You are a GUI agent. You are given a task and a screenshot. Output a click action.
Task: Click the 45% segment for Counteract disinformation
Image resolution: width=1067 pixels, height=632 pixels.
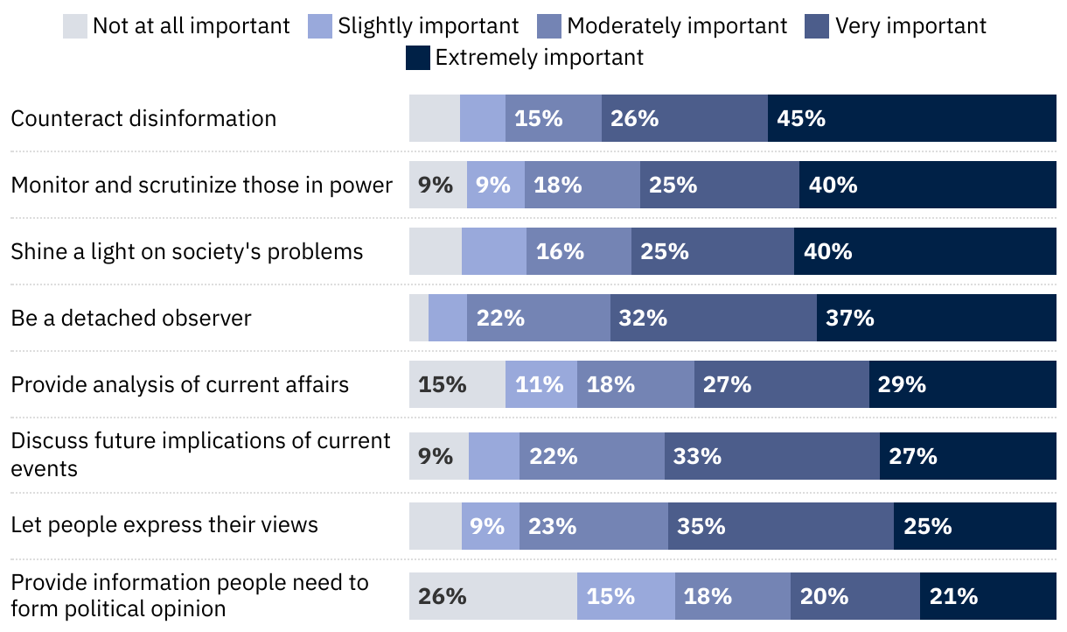click(911, 118)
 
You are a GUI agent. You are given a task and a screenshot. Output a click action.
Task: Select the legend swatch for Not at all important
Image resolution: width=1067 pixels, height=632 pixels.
click(75, 26)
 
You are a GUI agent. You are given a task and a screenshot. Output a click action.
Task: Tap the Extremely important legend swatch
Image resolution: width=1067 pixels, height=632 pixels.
click(418, 58)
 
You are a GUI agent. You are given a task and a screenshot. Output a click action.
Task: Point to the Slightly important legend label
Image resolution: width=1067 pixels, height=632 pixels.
click(429, 26)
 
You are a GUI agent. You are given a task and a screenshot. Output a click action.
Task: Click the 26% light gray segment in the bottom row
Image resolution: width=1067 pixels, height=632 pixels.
click(493, 596)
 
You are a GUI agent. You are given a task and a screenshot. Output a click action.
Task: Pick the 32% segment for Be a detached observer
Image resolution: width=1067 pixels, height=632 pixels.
click(713, 318)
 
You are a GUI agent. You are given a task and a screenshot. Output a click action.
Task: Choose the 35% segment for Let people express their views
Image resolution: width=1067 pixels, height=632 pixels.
click(781, 526)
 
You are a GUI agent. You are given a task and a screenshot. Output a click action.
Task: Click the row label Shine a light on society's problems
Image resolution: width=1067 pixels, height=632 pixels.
click(187, 252)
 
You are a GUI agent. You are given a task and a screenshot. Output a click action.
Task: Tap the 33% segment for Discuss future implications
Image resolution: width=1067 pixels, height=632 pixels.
click(771, 456)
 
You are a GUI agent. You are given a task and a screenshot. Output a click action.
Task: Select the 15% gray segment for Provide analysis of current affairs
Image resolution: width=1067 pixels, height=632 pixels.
click(457, 384)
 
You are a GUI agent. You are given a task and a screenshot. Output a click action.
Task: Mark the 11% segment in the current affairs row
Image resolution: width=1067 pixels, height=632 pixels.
click(541, 384)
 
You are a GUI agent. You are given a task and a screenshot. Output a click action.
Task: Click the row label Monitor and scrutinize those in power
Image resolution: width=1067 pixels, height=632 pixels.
click(202, 185)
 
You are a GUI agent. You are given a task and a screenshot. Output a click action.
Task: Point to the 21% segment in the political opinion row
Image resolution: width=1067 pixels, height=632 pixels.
click(987, 596)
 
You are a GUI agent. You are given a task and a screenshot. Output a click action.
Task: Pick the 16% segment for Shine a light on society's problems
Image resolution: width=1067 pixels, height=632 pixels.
click(579, 251)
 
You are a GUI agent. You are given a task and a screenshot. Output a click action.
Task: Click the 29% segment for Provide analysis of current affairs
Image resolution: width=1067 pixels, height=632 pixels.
click(962, 384)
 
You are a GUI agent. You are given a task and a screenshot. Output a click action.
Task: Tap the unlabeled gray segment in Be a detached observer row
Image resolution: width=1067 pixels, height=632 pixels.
click(419, 318)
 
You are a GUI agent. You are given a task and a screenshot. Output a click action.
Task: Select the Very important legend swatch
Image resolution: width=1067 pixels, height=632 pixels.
click(817, 26)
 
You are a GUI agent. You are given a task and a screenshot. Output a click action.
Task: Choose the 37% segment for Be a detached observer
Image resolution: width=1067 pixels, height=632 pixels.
click(936, 318)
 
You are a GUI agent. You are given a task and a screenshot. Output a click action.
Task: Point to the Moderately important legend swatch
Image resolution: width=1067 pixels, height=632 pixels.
click(549, 26)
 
